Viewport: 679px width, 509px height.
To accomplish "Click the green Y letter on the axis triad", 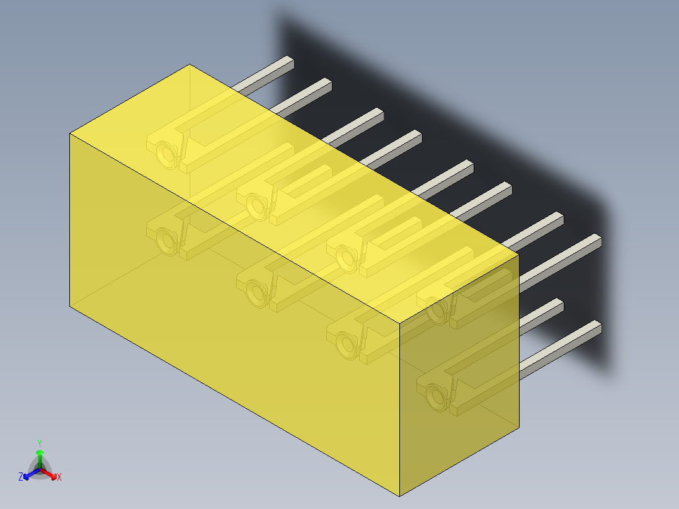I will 40,443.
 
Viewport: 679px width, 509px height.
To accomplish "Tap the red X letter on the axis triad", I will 59,478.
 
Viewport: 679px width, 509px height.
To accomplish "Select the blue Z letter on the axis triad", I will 21,478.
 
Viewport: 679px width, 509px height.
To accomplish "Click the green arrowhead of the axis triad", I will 40,452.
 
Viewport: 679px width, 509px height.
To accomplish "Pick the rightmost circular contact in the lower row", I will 435,396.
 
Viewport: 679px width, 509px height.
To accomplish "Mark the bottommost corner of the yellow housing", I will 401,496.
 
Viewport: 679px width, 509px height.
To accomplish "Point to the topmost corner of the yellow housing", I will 190,64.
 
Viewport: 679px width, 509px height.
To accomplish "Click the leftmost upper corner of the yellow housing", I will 70,134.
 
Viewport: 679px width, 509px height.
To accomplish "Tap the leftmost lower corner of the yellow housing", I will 70,307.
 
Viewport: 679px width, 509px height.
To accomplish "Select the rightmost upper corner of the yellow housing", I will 518,254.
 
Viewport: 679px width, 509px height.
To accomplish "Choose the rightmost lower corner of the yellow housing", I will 518,428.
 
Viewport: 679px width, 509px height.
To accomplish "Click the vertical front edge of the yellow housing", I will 401,409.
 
